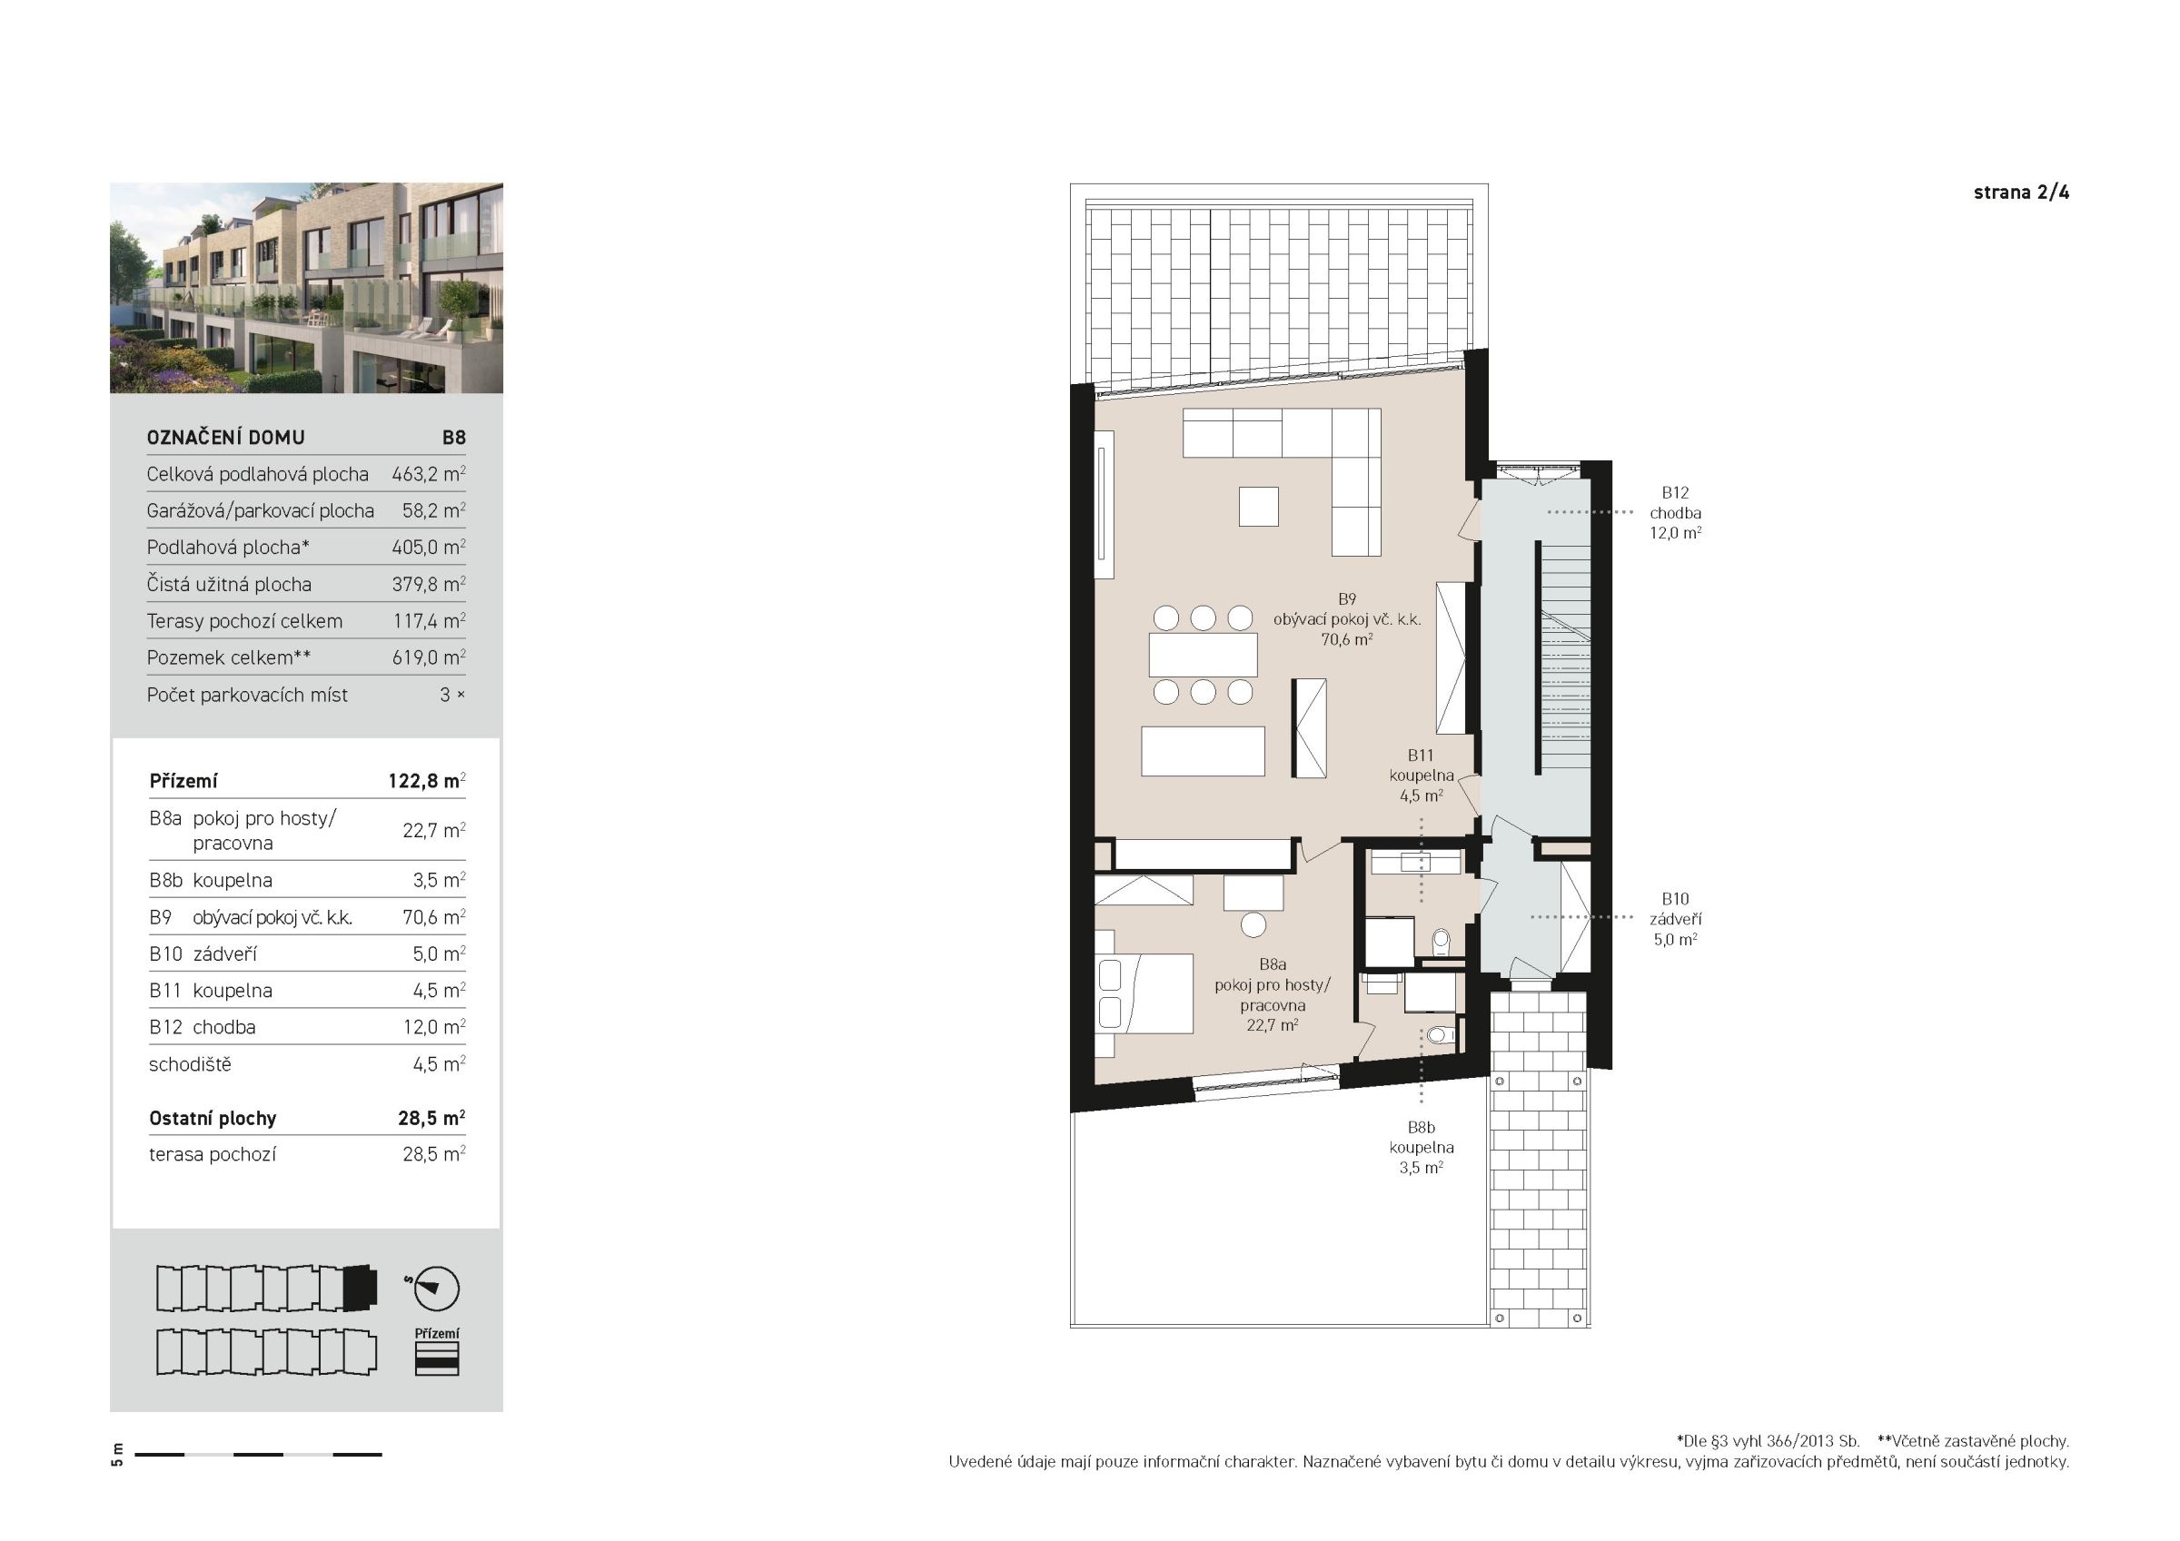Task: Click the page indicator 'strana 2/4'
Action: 2020,193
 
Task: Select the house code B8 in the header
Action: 453,438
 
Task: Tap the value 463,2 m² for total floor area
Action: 428,474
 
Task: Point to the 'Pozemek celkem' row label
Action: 229,657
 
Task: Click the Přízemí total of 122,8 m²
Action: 426,780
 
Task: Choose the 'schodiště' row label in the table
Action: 190,1064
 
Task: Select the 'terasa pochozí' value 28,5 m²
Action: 433,1154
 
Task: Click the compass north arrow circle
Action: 437,1289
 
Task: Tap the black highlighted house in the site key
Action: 360,1288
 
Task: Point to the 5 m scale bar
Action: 258,1454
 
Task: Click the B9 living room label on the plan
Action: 1346,619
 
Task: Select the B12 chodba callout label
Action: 1675,513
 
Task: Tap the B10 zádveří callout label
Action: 1675,919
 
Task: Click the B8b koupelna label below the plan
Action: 1422,1147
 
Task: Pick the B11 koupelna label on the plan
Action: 1421,775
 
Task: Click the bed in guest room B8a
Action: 1144,993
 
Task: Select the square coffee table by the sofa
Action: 1259,506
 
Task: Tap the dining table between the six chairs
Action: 1203,655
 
